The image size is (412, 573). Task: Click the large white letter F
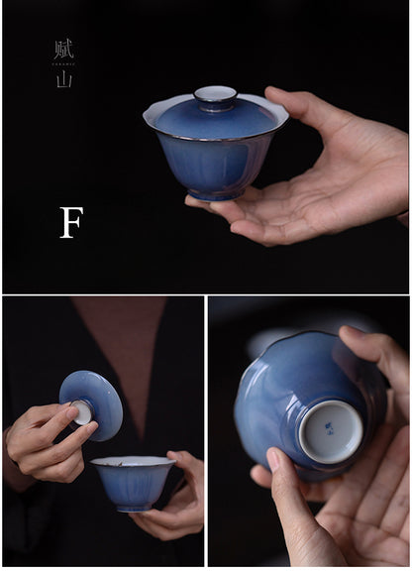[70, 222]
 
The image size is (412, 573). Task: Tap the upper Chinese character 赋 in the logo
[64, 49]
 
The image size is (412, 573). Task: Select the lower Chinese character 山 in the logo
[64, 79]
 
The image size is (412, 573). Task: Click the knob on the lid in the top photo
[215, 97]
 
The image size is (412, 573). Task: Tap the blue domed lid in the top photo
[215, 118]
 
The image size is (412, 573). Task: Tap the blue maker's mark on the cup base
[330, 429]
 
